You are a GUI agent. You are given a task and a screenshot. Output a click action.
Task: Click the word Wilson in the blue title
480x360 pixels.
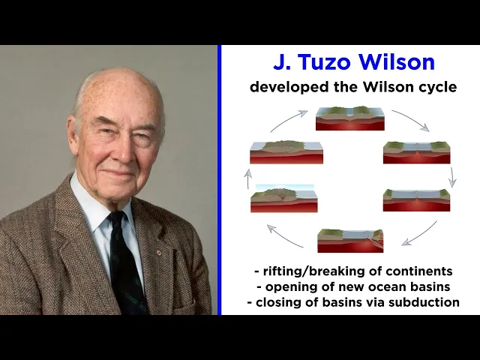(x=398, y=62)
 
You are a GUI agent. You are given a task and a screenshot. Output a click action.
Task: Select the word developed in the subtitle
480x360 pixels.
(x=284, y=87)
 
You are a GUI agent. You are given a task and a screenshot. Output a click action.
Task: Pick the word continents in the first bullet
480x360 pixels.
(x=422, y=271)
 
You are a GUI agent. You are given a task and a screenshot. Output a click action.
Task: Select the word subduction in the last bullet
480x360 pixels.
(x=424, y=302)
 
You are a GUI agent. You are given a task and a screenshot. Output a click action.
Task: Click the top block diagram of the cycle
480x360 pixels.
(x=349, y=118)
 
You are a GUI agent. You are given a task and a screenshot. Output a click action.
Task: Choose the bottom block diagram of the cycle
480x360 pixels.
(x=350, y=240)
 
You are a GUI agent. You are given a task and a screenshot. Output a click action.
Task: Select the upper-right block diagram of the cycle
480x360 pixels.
(x=416, y=152)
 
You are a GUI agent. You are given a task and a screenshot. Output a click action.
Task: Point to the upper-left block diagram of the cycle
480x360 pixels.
(x=286, y=152)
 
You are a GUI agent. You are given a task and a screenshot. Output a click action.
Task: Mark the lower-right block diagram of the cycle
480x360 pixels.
(x=416, y=199)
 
